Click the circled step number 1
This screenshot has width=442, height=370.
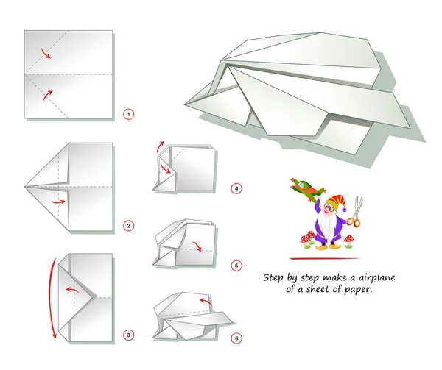129,114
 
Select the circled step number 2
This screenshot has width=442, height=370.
129,226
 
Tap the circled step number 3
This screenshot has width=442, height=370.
129,335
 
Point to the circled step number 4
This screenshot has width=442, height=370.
236,188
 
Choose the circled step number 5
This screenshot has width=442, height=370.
236,265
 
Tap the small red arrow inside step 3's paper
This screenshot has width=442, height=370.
72,289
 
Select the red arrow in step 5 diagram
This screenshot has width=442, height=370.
197,244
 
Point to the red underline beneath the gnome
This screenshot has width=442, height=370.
324,259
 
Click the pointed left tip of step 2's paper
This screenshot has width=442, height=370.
26,187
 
